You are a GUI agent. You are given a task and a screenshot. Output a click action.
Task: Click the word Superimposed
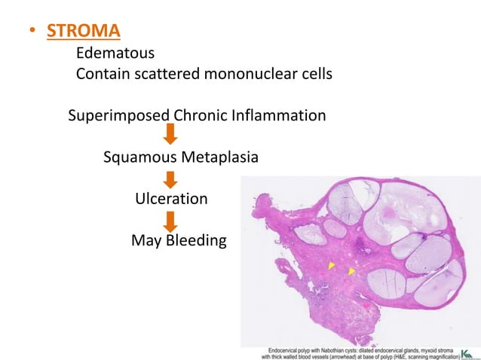tap(119, 117)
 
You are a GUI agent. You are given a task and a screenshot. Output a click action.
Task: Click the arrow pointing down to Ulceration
tap(170, 179)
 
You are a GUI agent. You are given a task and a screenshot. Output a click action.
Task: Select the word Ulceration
tap(171, 200)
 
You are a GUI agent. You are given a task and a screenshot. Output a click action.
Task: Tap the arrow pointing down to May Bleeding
tap(170, 221)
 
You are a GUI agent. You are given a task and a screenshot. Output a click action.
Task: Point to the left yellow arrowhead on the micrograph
tap(331, 266)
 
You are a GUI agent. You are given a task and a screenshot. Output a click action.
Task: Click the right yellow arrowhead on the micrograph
tap(351, 271)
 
